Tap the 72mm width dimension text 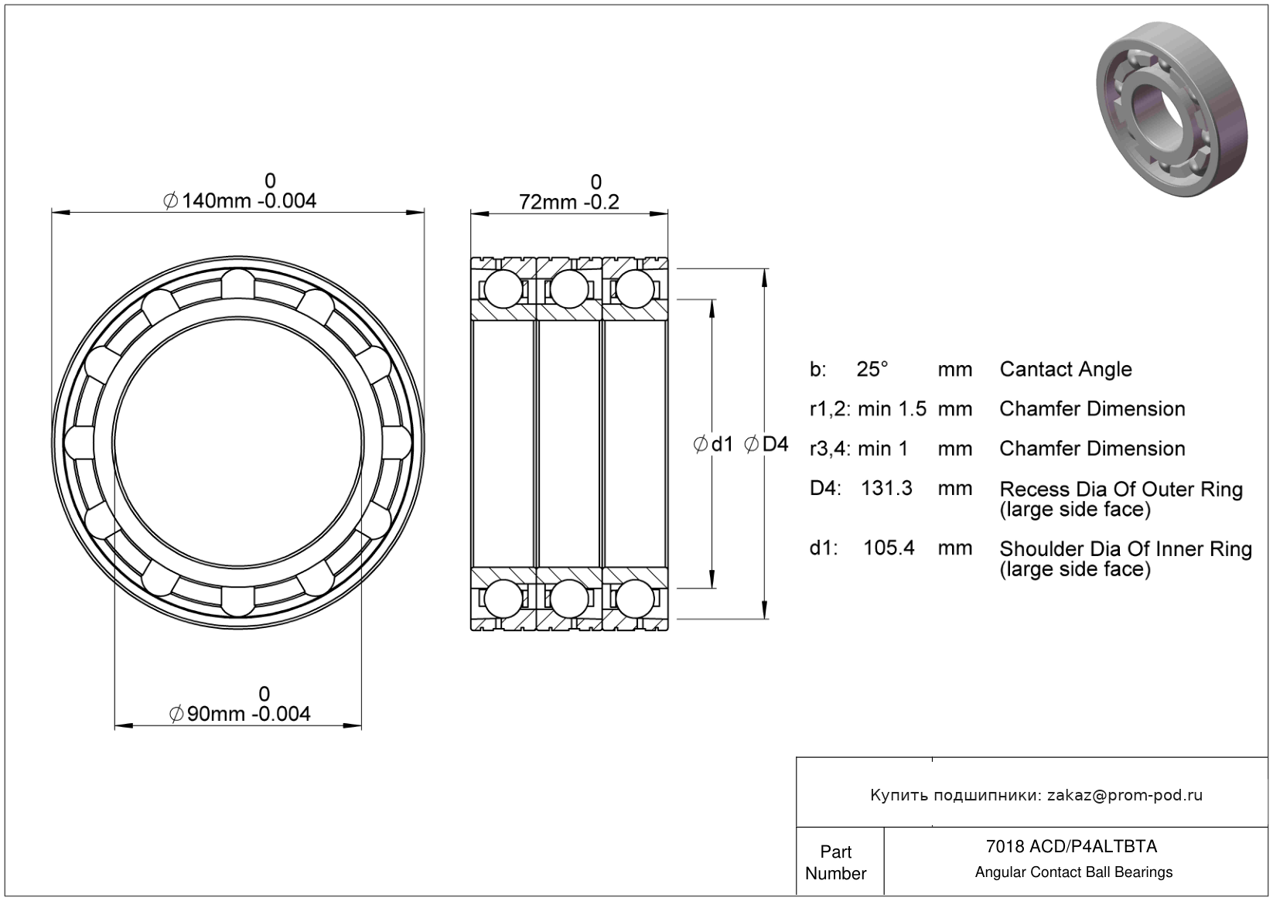pos(569,202)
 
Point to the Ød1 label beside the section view pos(713,444)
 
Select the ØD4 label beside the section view pos(766,444)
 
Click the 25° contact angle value pos(872,370)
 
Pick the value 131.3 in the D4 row pos(887,489)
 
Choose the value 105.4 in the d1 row pos(889,548)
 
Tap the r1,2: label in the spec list pos(830,409)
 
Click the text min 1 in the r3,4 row pos(883,449)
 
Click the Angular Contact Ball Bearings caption pos(1073,872)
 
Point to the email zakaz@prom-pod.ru pos(1125,795)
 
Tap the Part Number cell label pos(836,862)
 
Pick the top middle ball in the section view pos(569,290)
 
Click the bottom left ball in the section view pos(503,599)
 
